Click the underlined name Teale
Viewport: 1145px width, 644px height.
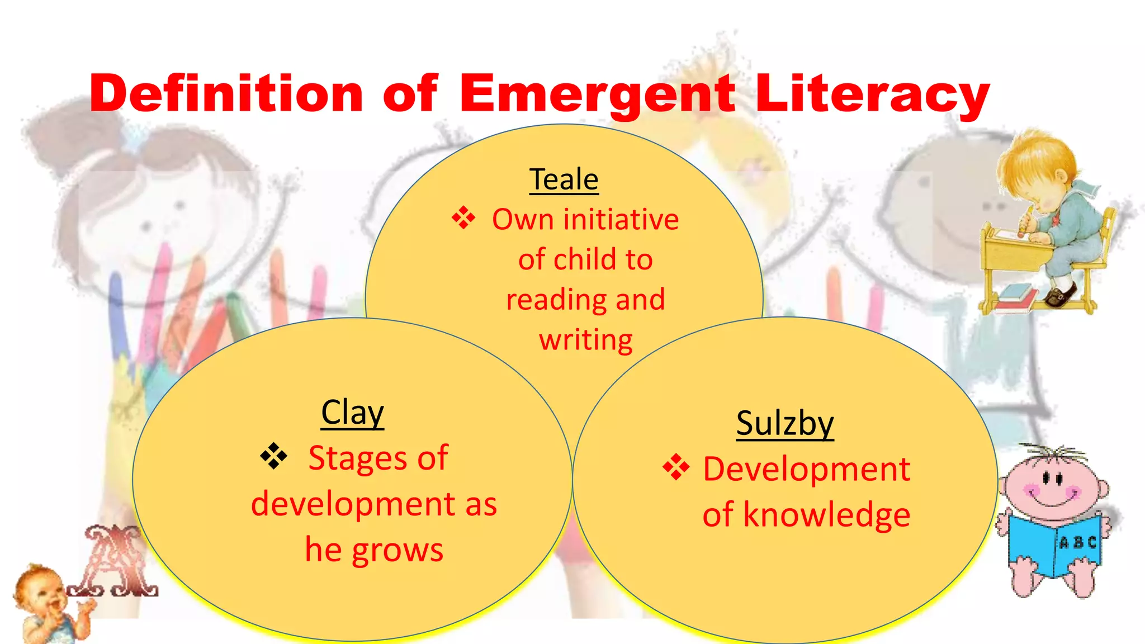pos(564,179)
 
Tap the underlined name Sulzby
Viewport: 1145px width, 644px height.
pos(784,423)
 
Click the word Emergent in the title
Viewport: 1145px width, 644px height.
pos(597,94)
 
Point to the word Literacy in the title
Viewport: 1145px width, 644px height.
pos(872,94)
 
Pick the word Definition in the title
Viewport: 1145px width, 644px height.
pos(226,94)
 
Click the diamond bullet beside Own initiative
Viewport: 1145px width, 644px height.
pos(463,218)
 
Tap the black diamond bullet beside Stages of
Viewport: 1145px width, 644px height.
pos(273,456)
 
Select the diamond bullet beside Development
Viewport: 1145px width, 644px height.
pos(676,467)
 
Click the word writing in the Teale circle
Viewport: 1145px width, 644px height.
pos(585,339)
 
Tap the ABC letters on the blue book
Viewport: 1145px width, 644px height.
pos(1078,542)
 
